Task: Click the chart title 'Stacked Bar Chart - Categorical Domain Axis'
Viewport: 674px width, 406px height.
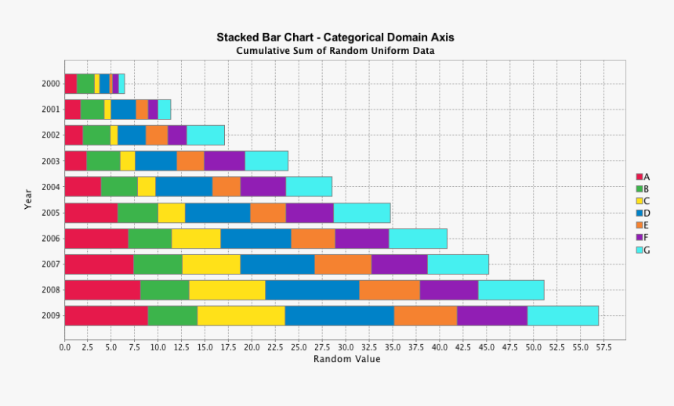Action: coord(335,37)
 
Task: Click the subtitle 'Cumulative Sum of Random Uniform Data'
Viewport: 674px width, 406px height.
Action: coord(335,51)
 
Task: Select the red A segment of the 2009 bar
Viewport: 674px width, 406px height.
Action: coord(106,315)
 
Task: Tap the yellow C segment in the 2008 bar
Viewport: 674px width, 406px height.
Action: coord(227,289)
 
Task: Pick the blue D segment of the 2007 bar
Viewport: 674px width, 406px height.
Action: coord(277,264)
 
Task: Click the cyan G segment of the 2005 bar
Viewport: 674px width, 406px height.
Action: coord(361,213)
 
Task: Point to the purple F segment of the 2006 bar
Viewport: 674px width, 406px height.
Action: coord(362,239)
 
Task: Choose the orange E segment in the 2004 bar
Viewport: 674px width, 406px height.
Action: coord(226,186)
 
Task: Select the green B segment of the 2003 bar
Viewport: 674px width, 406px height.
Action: coord(103,160)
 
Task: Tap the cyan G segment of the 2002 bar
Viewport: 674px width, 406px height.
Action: coord(205,135)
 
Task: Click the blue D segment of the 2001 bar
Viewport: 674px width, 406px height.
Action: coord(123,110)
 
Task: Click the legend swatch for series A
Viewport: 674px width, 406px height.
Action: coord(640,177)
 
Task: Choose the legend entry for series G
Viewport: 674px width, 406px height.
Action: coord(643,250)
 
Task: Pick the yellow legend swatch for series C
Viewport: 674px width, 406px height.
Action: coord(640,201)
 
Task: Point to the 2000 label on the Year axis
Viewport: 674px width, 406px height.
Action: coord(51,84)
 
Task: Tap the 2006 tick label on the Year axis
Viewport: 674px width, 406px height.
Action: coord(51,239)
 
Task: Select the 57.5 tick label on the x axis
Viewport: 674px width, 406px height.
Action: coord(603,347)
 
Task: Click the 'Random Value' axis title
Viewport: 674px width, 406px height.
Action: coord(347,359)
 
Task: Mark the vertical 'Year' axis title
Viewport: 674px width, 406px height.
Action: coord(28,199)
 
